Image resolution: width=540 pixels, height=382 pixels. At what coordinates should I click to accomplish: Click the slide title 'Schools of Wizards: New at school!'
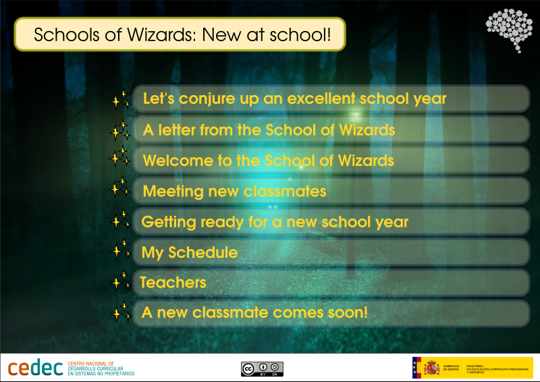[x=180, y=34]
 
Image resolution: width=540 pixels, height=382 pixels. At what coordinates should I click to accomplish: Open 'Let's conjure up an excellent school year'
[x=295, y=99]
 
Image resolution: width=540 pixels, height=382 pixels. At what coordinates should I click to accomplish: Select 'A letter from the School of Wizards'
[x=269, y=130]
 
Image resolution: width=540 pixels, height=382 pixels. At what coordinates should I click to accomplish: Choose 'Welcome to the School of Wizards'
[x=268, y=161]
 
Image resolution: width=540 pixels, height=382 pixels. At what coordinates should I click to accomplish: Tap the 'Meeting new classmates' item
[x=234, y=191]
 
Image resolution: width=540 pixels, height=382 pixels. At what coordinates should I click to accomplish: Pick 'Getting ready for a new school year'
[x=275, y=221]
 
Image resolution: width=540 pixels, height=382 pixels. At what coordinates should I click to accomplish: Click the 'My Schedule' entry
[x=190, y=252]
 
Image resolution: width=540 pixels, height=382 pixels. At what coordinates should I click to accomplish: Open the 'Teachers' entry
[x=173, y=282]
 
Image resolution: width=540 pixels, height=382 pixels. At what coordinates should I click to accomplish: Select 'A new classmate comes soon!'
[x=254, y=313]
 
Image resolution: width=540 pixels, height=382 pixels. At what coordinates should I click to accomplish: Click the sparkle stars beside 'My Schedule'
[x=120, y=250]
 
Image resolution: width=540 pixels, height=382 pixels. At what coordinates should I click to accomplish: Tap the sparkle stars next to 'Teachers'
[x=120, y=281]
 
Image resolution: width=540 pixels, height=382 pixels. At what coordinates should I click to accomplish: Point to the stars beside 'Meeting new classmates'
[x=120, y=188]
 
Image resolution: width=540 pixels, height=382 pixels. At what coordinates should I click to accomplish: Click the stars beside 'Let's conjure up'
[x=120, y=100]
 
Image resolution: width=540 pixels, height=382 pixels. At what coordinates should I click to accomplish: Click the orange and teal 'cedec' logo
[x=35, y=369]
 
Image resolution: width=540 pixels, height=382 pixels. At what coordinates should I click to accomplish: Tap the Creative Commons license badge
[x=262, y=369]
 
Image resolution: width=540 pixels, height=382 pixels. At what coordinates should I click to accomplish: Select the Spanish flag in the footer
[x=417, y=368]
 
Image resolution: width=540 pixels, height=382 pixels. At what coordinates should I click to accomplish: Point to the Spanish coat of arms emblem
[x=431, y=368]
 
